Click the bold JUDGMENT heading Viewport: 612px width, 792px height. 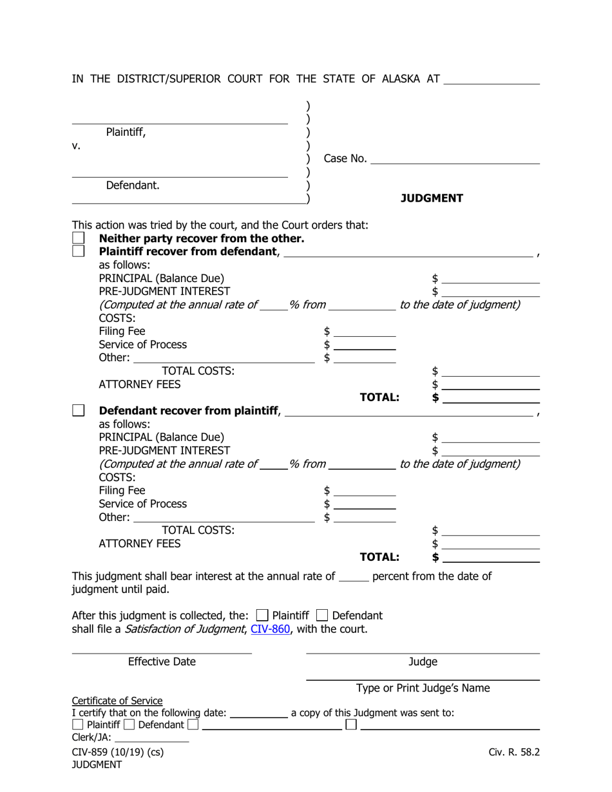pos(432,198)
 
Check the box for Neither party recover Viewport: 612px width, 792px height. pos(78,238)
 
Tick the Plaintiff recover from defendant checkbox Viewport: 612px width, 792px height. pos(78,251)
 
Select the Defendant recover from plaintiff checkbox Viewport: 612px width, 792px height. pos(78,410)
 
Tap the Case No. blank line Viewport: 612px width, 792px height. pos(455,159)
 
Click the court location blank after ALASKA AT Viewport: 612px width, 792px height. pos(492,80)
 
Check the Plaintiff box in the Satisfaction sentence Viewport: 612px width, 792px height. pos(262,615)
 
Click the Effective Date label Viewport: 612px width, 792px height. pos(162,662)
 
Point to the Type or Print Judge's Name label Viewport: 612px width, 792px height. pos(423,688)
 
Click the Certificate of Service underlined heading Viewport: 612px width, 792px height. pos(117,701)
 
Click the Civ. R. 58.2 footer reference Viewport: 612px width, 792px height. pos(513,751)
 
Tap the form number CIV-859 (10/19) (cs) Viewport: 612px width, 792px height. pos(118,751)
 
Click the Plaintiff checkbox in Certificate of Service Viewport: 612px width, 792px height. pos(77,725)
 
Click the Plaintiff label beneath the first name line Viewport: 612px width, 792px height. pos(126,133)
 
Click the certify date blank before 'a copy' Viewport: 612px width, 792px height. pos(258,713)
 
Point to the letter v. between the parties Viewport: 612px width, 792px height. pos(76,146)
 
